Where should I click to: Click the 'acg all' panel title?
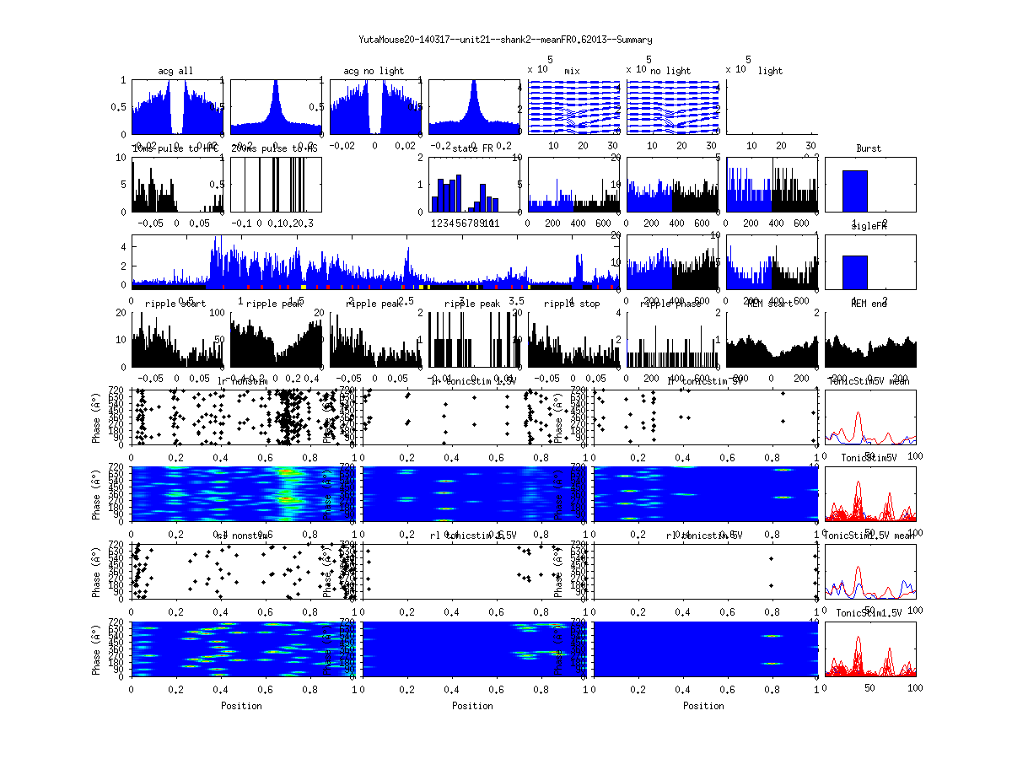point(175,71)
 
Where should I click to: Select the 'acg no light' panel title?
point(374,71)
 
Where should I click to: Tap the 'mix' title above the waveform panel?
point(573,71)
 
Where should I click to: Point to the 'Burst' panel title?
point(869,148)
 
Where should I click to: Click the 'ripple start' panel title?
point(175,303)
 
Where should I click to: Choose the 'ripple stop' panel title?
point(572,303)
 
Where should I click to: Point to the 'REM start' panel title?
point(771,303)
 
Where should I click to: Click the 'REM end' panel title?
point(869,303)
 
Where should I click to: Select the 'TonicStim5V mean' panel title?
point(869,380)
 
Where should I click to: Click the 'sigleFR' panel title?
point(869,228)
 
